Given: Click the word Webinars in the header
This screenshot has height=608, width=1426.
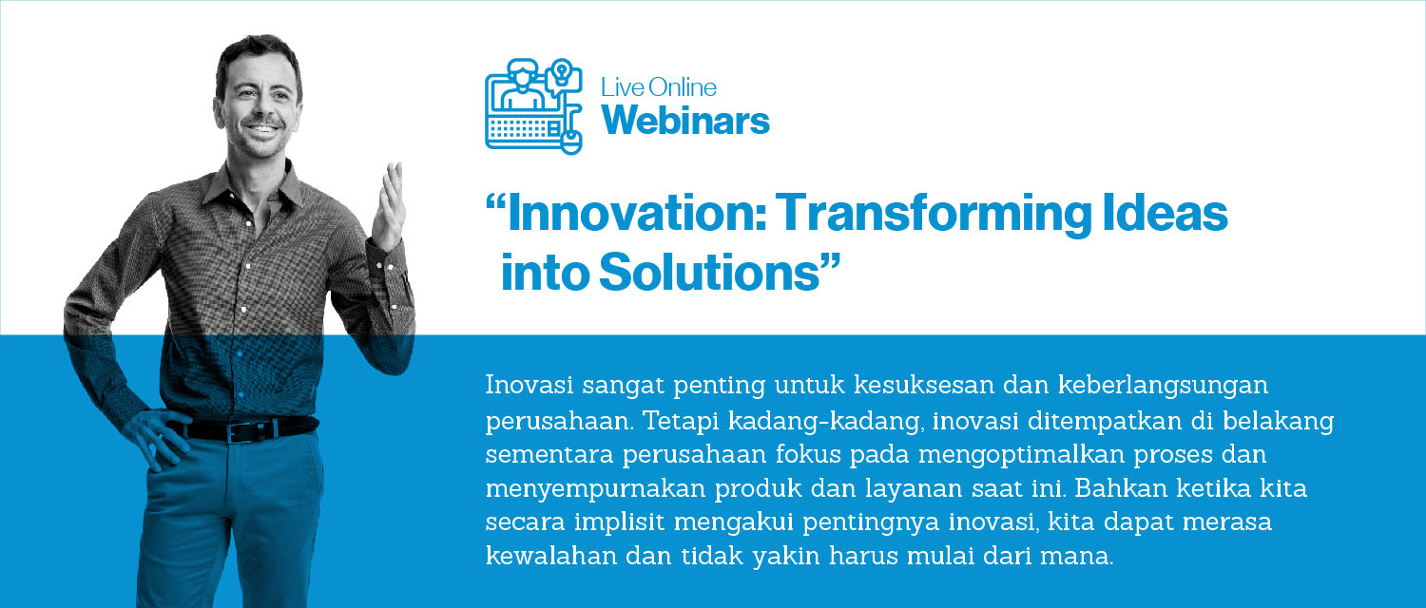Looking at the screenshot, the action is (x=685, y=121).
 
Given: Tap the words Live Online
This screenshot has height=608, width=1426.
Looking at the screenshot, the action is (x=659, y=87).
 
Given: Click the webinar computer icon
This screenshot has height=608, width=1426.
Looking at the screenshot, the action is (x=533, y=106).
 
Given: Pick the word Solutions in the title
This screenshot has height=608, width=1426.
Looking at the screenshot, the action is (x=720, y=273).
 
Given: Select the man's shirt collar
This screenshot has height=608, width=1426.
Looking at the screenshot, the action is (x=255, y=188).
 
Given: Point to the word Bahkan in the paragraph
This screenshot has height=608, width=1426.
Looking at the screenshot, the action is (x=1121, y=488).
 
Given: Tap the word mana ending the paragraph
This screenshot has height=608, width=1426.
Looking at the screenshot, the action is (x=1076, y=558).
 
